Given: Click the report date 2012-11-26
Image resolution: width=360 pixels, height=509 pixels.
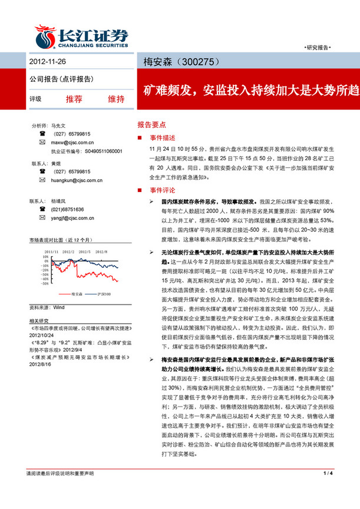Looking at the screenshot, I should [x=47, y=61].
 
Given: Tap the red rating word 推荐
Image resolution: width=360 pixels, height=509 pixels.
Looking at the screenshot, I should [x=74, y=98].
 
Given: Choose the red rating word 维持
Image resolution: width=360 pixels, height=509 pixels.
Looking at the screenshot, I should [x=116, y=98].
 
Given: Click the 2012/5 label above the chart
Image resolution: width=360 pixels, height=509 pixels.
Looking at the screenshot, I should [x=84, y=251].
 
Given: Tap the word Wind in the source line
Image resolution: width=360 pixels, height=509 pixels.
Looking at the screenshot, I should [x=58, y=308].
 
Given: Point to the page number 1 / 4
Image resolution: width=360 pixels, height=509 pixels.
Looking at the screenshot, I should [x=328, y=490].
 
